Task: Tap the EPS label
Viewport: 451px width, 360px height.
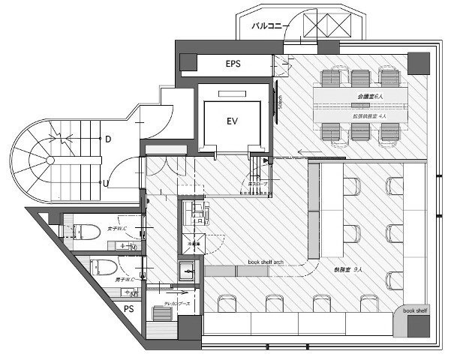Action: pos(233,64)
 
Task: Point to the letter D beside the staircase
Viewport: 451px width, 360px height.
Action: pos(108,139)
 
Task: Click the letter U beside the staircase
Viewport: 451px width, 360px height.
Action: pos(108,183)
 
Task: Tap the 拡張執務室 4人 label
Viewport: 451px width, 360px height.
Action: pos(369,117)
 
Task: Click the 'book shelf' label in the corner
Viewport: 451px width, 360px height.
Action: pos(414,310)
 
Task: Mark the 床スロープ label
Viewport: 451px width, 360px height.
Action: pos(250,184)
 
